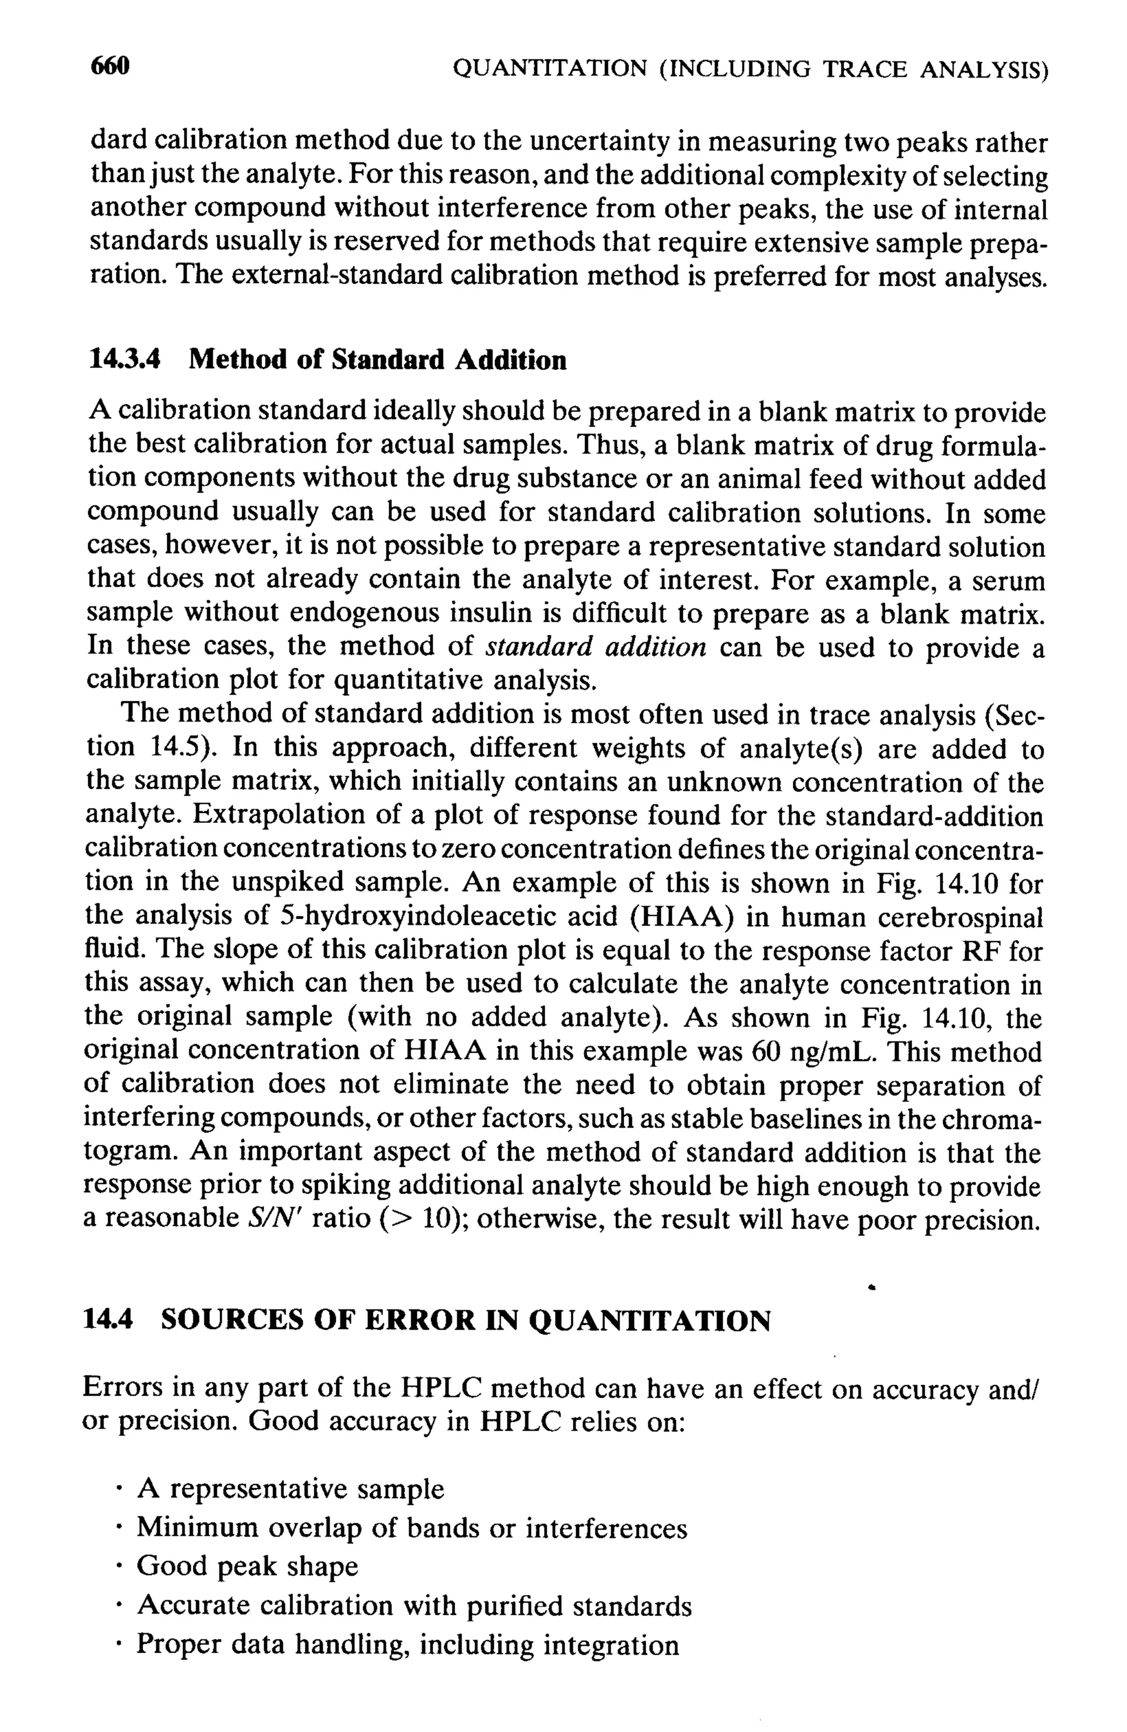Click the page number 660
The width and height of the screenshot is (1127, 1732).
pyautogui.click(x=110, y=67)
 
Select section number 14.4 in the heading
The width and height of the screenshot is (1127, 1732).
pyautogui.click(x=108, y=1319)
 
